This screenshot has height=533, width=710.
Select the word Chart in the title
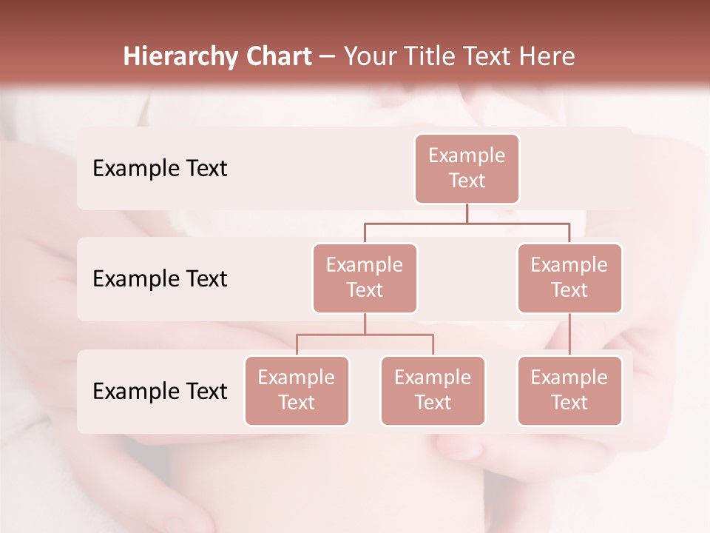point(275,56)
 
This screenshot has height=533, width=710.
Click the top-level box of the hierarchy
point(467,169)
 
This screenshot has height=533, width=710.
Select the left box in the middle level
point(365,278)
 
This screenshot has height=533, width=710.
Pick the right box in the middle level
point(569,278)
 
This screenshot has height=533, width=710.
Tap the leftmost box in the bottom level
point(297,390)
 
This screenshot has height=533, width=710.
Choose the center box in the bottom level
point(433,390)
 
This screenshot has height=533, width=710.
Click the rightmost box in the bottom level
point(569,390)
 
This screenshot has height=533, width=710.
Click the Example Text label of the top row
point(160,169)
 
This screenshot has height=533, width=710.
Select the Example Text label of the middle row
point(160,278)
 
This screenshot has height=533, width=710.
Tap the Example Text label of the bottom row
point(160,391)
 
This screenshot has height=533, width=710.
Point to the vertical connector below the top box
point(467,213)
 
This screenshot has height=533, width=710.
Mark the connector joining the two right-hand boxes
point(569,335)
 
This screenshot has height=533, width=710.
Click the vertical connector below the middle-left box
point(365,324)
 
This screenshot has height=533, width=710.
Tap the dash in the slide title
point(328,56)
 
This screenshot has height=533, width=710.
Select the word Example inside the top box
point(467,155)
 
